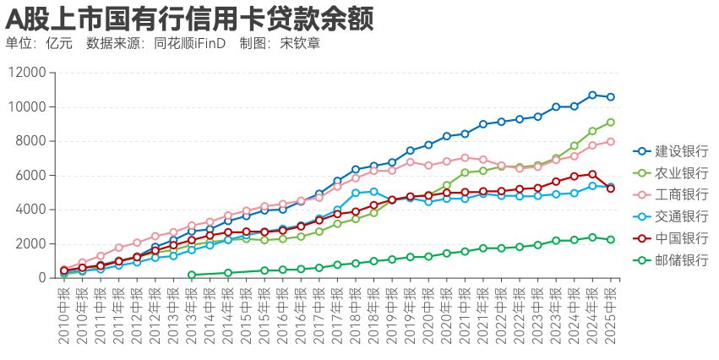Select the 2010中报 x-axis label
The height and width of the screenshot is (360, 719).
(64, 315)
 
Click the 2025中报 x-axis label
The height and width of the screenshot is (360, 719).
(611, 315)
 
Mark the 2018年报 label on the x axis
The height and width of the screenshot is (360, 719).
(374, 315)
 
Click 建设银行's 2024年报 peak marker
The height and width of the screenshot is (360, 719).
(592, 95)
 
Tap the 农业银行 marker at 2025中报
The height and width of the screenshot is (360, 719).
(611, 122)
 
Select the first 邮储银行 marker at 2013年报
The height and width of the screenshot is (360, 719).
(192, 275)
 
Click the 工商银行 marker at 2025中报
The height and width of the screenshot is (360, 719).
(611, 142)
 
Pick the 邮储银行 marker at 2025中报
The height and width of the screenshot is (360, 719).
(611, 239)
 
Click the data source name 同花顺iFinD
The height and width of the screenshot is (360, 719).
(190, 44)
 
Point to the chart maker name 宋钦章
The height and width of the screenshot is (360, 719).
(300, 44)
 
